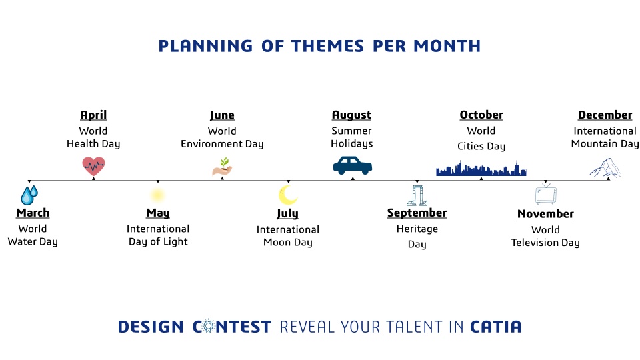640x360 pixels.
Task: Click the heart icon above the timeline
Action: [93, 166]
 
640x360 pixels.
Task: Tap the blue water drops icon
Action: [29, 195]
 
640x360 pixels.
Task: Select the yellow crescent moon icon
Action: [288, 195]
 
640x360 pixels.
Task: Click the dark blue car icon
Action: [353, 165]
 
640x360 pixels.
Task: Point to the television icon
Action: [546, 194]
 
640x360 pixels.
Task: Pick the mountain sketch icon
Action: [605, 168]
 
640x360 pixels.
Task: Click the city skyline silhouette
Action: [481, 169]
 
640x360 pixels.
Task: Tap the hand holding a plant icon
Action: [223, 167]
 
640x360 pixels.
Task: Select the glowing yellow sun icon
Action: [157, 195]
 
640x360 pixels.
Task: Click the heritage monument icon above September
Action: [417, 195]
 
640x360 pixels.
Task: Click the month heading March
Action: [33, 213]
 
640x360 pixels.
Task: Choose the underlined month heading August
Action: [351, 115]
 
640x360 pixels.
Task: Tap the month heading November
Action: [546, 213]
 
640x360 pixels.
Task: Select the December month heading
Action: [605, 115]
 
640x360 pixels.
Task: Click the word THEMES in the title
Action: [327, 46]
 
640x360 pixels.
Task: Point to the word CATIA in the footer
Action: [496, 327]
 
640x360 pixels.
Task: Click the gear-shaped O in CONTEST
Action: [208, 326]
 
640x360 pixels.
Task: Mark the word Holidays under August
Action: [352, 144]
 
